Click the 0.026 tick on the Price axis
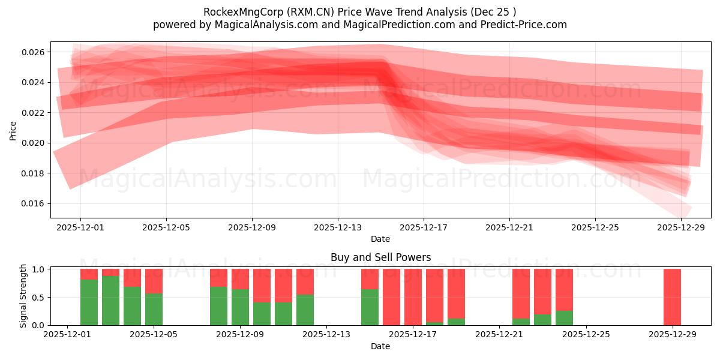[34, 52]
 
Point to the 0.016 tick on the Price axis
[34, 204]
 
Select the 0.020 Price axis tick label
[34, 143]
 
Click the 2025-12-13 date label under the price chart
[337, 228]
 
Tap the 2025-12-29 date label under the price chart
[681, 228]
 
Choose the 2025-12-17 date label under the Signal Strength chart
[413, 335]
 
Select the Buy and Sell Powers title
[380, 257]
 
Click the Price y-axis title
[13, 130]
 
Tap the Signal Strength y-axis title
[23, 296]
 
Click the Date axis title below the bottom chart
[380, 346]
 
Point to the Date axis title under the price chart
[380, 239]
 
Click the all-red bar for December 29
[672, 297]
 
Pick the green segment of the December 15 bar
[370, 307]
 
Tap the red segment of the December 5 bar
[154, 281]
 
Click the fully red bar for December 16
[391, 297]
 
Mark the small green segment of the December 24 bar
[564, 318]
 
